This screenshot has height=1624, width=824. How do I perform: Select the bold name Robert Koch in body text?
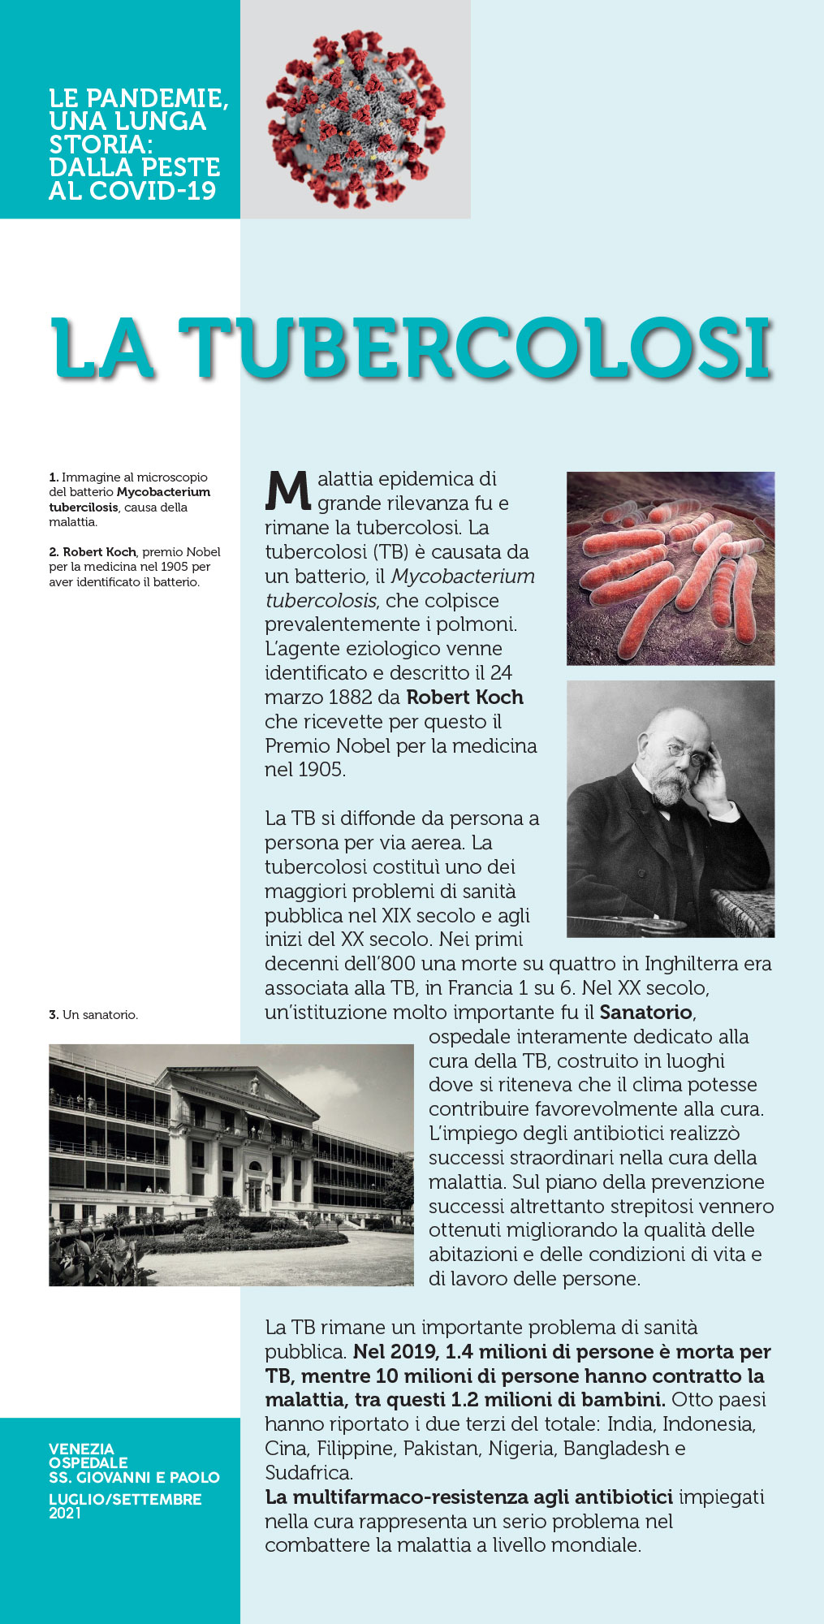point(464,698)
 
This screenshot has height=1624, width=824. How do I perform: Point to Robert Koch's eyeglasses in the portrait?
point(686,755)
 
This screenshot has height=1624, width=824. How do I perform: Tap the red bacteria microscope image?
point(671,568)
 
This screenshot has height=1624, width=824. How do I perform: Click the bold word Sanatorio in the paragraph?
point(646,1013)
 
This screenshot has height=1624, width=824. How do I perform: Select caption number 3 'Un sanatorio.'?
point(93,1015)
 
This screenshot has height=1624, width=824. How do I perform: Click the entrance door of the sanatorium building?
point(255,1194)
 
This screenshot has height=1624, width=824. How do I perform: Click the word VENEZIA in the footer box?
point(81,1449)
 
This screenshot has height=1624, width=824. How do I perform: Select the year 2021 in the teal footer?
point(65,1513)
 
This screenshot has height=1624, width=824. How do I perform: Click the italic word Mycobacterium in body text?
point(463,577)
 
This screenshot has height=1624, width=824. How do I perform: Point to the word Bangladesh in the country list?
point(616,1449)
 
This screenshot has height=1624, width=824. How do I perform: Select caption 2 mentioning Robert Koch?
point(134,567)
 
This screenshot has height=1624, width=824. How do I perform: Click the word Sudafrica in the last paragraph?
point(308,1472)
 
